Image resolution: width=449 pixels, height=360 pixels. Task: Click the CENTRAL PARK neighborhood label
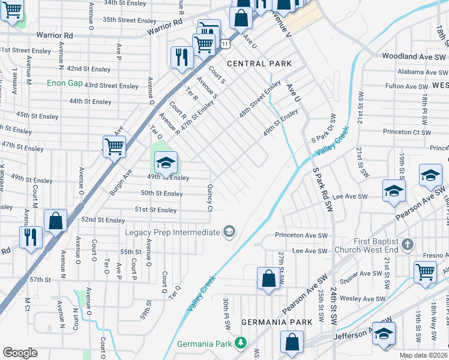pyautogui.click(x=259, y=64)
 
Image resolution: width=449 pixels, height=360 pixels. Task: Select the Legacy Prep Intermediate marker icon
pyautogui.click(x=229, y=232)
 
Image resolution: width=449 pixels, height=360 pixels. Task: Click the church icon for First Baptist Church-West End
pyautogui.click(x=408, y=245)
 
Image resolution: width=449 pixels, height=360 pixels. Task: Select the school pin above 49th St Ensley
pyautogui.click(x=166, y=162)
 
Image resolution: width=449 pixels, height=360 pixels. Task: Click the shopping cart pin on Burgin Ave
pyautogui.click(x=113, y=146)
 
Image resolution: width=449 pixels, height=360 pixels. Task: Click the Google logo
pyautogui.click(x=20, y=353)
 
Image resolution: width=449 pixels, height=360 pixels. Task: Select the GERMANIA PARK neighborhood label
pyautogui.click(x=277, y=322)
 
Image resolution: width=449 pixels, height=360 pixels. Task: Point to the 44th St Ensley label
pyautogui.click(x=92, y=101)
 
